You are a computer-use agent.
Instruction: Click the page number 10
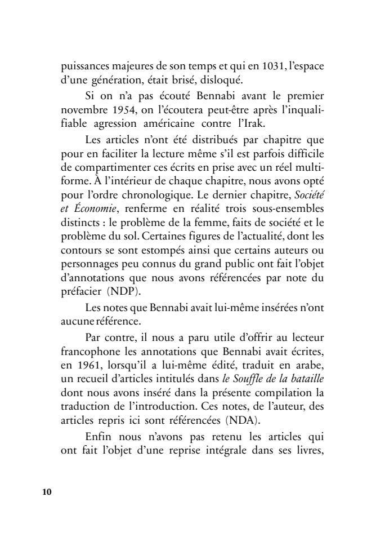tap(46, 492)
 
